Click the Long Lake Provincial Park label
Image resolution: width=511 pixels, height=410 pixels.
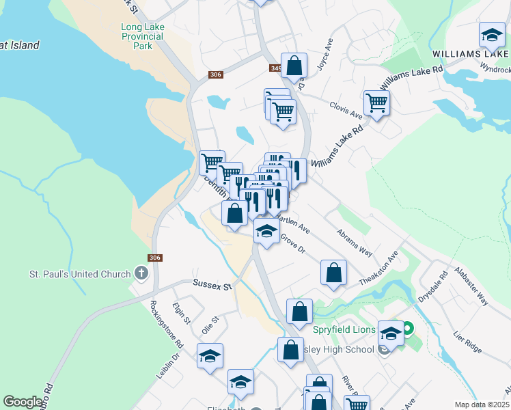pyautogui.click(x=142, y=36)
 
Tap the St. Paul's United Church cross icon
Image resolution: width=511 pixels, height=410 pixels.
pyautogui.click(x=141, y=274)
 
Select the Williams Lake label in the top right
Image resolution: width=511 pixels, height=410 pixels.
pyautogui.click(x=470, y=53)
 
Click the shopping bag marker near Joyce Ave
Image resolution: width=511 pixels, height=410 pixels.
pyautogui.click(x=294, y=66)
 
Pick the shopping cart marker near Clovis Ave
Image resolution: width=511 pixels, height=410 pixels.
pyautogui.click(x=376, y=103)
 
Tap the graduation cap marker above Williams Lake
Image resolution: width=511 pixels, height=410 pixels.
pyautogui.click(x=491, y=35)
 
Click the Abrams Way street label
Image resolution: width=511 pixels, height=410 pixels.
pyautogui.click(x=355, y=242)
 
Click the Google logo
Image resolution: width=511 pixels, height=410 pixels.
pyautogui.click(x=23, y=402)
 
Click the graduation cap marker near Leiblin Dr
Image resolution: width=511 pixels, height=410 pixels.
pyautogui.click(x=210, y=355)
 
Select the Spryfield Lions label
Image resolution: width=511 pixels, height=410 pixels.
pyautogui.click(x=344, y=330)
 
